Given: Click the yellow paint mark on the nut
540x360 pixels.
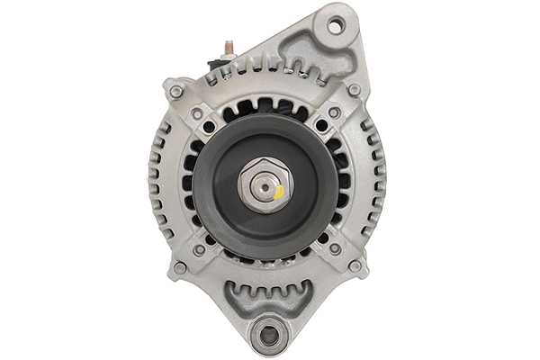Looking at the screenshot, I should pyautogui.click(x=279, y=192).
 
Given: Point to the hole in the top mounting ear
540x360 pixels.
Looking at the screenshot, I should pyautogui.click(x=335, y=26).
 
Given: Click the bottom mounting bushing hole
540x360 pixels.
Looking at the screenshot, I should pyautogui.click(x=268, y=337).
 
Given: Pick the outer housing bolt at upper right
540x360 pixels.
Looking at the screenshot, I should pyautogui.click(x=355, y=90).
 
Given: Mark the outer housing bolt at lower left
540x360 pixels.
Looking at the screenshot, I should pyautogui.click(x=180, y=267).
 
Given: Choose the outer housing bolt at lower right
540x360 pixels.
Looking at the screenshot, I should pyautogui.click(x=355, y=266).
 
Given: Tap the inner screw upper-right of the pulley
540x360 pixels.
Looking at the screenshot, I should pyautogui.click(x=334, y=113).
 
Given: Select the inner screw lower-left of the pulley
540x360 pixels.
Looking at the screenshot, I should pyautogui.click(x=200, y=249).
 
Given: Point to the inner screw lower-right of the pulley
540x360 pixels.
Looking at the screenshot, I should pyautogui.click(x=334, y=248).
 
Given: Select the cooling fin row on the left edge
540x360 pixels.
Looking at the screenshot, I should pyautogui.click(x=158, y=180).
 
